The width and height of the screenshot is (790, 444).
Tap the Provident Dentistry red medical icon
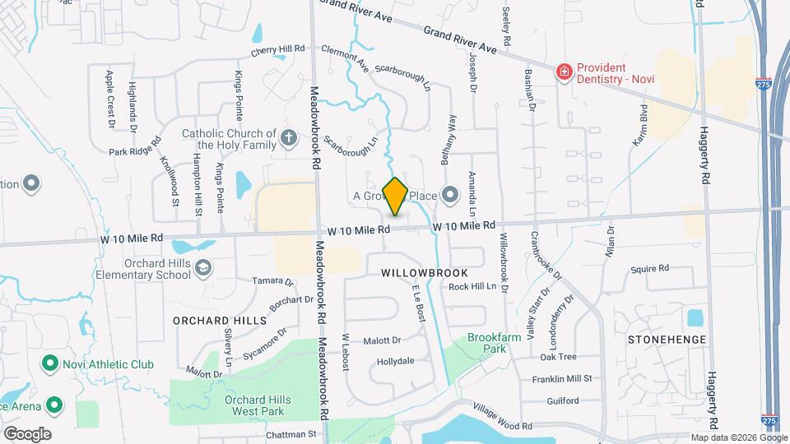pos(565,72)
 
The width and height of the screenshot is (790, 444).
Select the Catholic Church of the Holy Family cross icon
pos(288,138)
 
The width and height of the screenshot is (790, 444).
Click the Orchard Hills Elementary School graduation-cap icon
pos(203,267)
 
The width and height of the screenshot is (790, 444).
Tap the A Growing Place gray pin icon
pos(449,196)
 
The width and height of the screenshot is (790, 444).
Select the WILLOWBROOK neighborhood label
pos(425,273)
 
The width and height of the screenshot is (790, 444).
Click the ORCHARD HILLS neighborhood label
pos(220,320)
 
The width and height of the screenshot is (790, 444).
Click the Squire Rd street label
pos(650,269)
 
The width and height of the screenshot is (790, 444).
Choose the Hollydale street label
pos(395,362)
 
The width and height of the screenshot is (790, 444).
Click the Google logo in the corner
pos(26,433)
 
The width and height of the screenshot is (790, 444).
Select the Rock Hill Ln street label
pos(474,287)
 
